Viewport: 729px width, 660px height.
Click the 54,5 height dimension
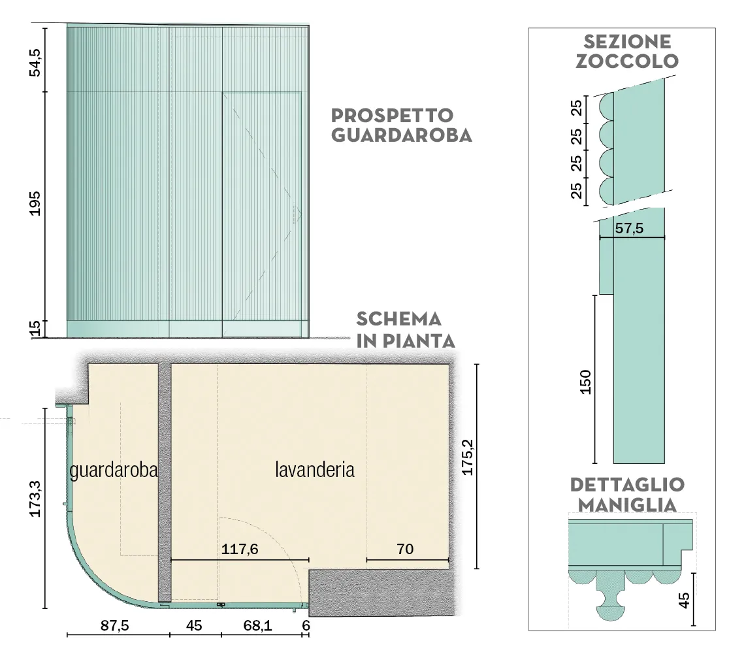tap(35, 62)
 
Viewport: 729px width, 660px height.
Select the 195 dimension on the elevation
tap(35, 203)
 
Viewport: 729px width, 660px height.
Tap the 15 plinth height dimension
tap(35, 329)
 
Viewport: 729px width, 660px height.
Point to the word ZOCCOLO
tap(627, 61)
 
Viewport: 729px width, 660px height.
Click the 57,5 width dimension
tap(629, 228)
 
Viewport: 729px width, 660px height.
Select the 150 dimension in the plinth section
tap(586, 382)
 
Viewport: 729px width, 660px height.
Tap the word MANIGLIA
tap(627, 505)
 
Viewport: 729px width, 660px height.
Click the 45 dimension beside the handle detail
tap(684, 600)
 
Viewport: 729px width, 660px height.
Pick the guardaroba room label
tap(114, 470)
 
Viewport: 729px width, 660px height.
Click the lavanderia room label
tap(315, 469)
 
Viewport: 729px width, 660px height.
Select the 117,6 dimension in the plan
tap(240, 550)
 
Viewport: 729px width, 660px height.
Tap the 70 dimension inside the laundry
tap(405, 550)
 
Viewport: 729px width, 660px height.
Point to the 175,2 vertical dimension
tap(467, 457)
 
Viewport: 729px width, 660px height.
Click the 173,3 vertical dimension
tap(35, 499)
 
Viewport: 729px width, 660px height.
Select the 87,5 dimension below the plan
tap(115, 625)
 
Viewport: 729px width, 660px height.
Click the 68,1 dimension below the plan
tap(257, 625)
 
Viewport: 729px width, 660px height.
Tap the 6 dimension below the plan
tap(306, 625)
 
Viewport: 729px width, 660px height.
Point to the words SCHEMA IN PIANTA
tap(405, 330)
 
